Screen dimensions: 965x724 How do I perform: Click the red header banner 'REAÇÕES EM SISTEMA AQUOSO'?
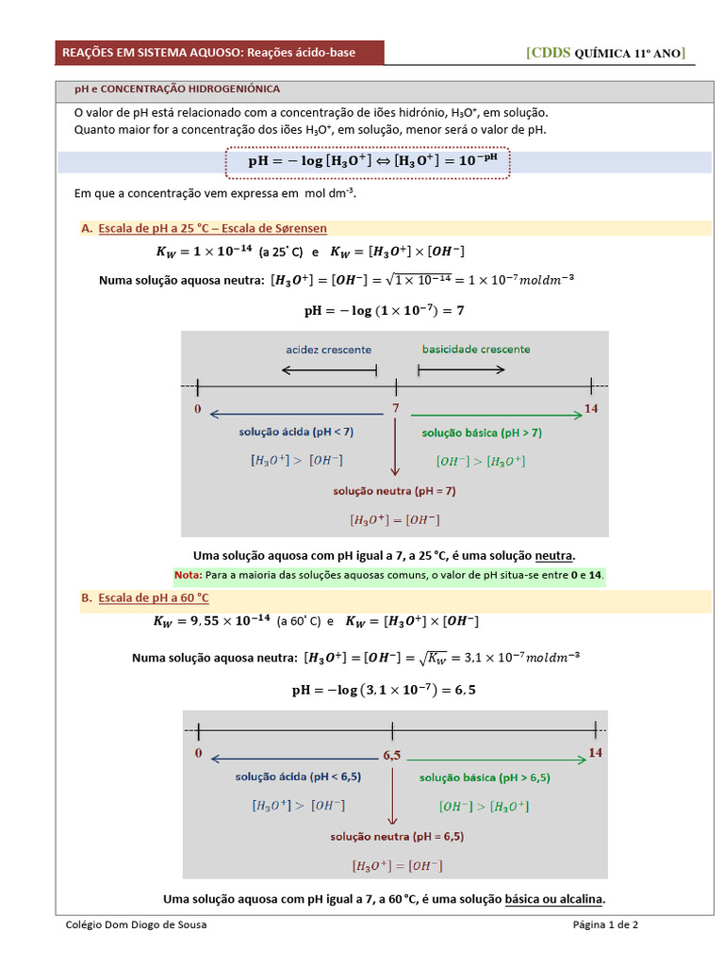tap(209, 53)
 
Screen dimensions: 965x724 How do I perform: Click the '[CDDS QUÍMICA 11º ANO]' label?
tap(605, 53)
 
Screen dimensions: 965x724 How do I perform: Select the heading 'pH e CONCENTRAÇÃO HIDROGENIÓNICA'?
tap(177, 89)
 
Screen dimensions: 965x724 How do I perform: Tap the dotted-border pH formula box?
tap(369, 161)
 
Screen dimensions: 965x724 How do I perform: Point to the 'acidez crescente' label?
tap(328, 349)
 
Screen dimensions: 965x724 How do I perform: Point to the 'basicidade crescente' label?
tap(475, 349)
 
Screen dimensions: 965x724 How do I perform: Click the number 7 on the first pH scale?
tap(396, 409)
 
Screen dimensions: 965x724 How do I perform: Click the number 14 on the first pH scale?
tap(591, 409)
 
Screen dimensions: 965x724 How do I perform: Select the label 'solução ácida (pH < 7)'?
tap(296, 432)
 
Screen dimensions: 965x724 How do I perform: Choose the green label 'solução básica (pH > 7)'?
tap(482, 433)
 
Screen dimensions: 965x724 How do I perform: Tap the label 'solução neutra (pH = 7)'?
tap(394, 491)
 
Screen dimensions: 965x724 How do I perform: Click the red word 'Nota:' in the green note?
tap(188, 575)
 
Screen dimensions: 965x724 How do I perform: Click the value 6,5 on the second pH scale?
tap(392, 755)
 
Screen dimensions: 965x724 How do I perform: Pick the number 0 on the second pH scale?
tap(198, 753)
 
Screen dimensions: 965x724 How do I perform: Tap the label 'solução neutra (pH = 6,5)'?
tap(396, 836)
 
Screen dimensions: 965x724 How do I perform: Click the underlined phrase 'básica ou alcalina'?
tap(554, 898)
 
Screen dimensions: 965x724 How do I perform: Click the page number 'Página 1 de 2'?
tap(605, 924)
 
